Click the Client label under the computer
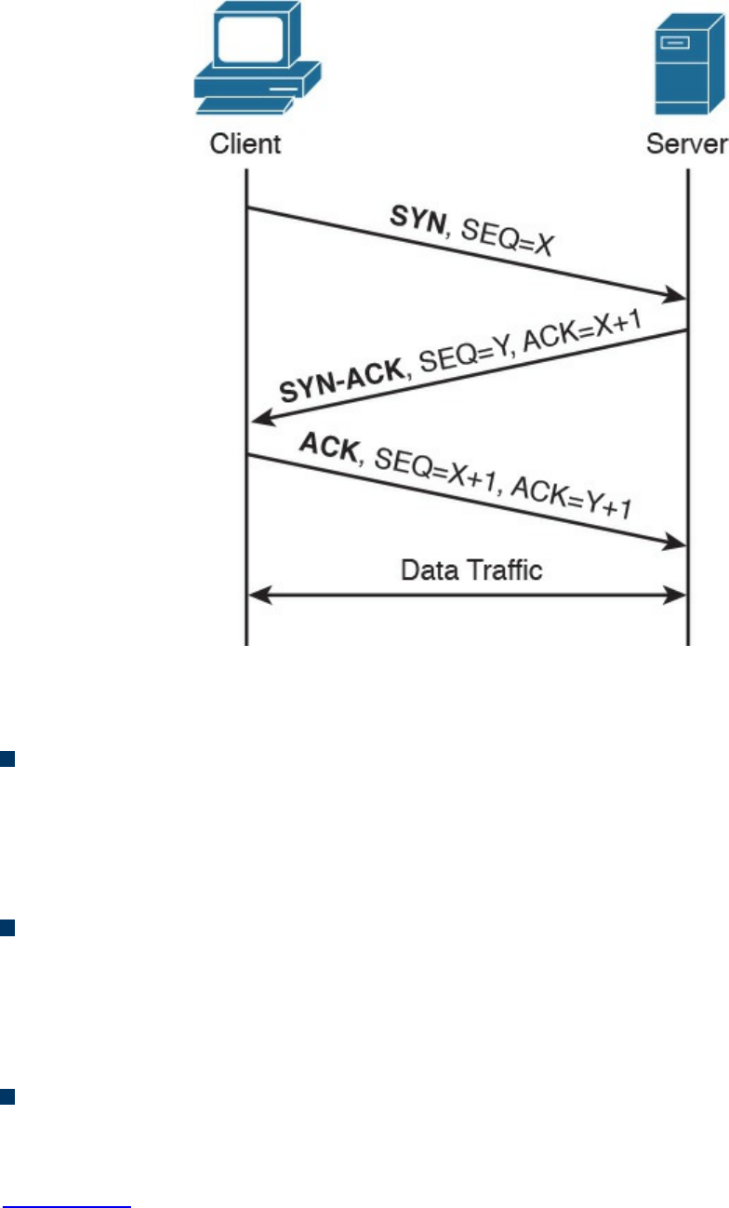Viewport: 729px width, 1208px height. coord(245,144)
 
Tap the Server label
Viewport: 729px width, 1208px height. coord(687,144)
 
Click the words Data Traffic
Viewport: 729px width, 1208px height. coord(471,569)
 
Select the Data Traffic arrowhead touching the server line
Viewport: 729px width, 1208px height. coord(678,593)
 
